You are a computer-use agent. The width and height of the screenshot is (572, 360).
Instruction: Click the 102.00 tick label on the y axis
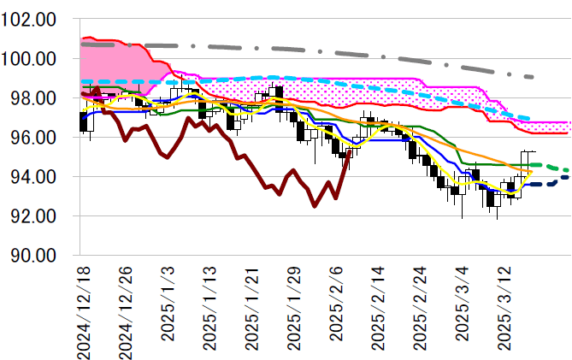[29, 19]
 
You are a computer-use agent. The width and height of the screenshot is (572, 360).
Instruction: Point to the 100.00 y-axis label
[29, 59]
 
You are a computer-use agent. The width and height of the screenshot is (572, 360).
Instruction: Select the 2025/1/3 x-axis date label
[168, 304]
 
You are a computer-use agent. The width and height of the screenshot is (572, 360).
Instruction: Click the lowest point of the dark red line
[314, 206]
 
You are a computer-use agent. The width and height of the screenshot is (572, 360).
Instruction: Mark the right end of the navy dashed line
[568, 178]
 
